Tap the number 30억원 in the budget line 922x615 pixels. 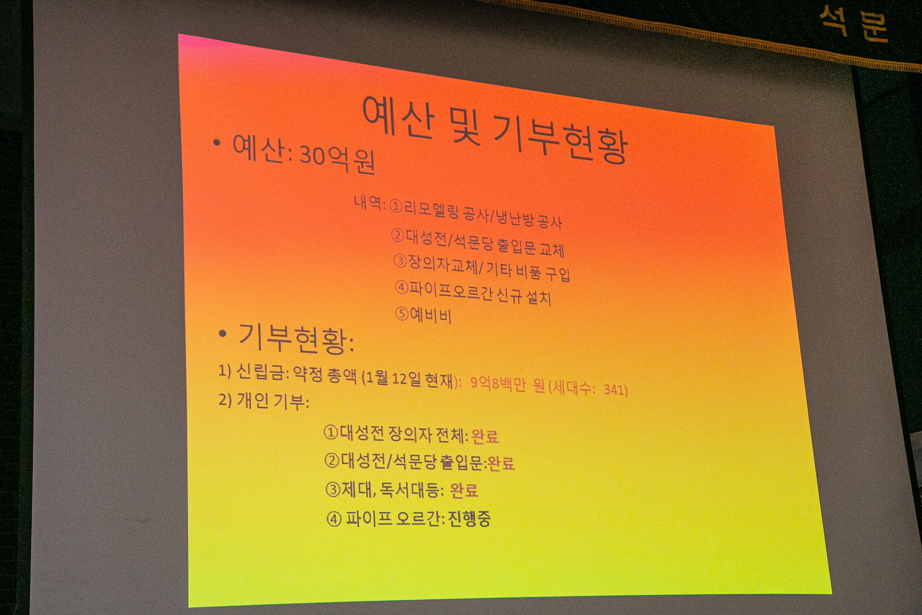[338, 159]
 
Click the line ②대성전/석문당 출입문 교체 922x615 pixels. [478, 243]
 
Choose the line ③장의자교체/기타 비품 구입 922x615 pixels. [482, 268]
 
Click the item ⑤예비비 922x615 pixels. [423, 314]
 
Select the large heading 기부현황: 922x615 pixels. [296, 339]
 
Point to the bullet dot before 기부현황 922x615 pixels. [223, 334]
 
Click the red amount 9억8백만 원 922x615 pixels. [507, 385]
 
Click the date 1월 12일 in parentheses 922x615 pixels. [393, 378]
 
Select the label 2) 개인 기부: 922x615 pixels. [264, 401]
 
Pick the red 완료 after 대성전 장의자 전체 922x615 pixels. [484, 436]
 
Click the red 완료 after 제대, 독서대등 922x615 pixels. [464, 490]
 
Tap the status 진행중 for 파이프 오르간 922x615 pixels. [469, 519]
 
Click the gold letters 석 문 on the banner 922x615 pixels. [853, 24]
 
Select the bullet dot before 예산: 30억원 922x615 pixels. [216, 143]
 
